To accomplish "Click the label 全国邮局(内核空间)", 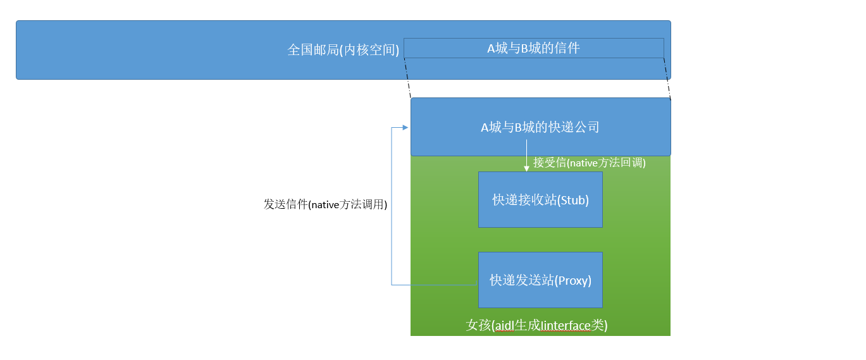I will point(343,50).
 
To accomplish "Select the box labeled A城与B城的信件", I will point(533,48).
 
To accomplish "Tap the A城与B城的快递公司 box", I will point(540,127).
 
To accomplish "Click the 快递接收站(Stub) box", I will point(540,200).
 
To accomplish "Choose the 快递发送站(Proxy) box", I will point(540,280).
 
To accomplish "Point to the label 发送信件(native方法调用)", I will point(325,204).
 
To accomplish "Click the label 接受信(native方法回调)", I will point(589,163).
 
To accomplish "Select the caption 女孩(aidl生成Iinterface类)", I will point(536,325).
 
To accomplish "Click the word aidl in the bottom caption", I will point(504,326).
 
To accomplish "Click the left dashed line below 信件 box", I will point(408,79).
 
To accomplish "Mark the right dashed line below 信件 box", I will point(667,79).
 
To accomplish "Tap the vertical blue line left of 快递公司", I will point(392,206).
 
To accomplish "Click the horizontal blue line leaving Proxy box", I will point(435,285).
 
